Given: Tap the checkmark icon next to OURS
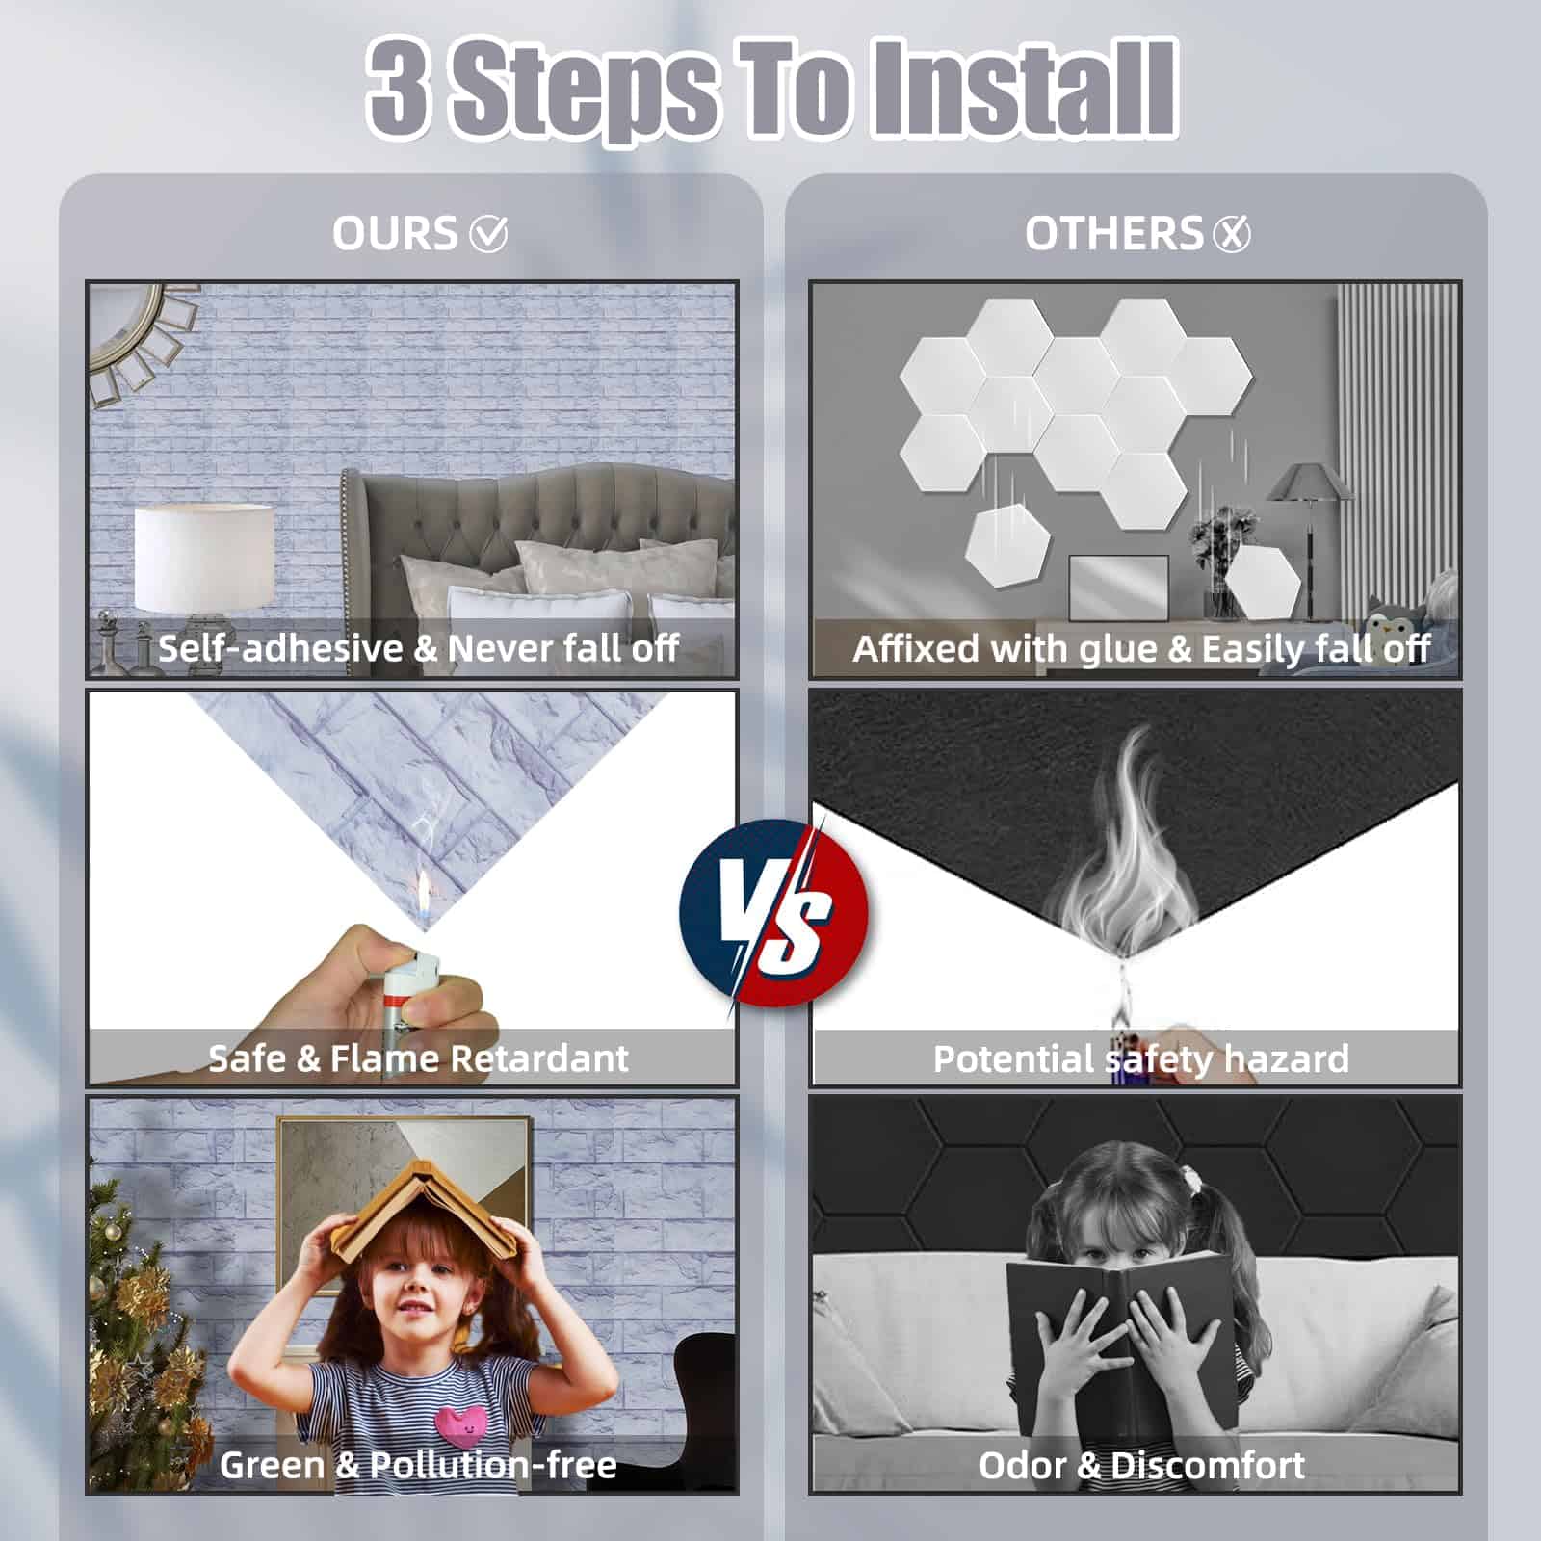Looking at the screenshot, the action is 488,233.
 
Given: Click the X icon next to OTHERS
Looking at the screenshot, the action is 1232,233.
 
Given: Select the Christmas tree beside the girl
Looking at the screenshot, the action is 144,1339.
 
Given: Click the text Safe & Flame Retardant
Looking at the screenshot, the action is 418,1058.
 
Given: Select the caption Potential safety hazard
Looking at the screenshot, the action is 1141,1059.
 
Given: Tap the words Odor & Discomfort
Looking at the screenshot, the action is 1141,1466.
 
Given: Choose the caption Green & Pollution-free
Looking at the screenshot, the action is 418,1465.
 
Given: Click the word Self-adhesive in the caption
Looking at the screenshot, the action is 280,648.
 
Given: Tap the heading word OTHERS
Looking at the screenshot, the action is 1113,233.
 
